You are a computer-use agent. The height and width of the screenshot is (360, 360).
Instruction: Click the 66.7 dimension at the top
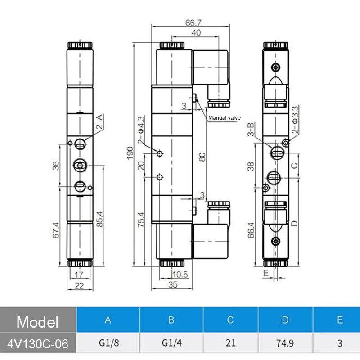(193, 23)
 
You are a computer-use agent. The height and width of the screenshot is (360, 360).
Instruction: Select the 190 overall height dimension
(130, 153)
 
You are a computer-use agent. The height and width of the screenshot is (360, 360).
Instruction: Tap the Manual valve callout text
(224, 118)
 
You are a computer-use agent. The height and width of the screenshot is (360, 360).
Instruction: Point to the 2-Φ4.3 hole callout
(141, 130)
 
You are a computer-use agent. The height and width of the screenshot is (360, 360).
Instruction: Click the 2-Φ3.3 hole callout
(295, 119)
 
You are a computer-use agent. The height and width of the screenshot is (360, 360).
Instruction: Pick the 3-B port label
(251, 129)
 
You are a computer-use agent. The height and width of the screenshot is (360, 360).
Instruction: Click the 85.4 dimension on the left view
(99, 219)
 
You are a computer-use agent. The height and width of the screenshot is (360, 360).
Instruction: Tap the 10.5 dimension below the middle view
(180, 274)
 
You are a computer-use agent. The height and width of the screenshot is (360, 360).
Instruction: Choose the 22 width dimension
(79, 286)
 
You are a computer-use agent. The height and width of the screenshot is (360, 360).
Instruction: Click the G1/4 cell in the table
(171, 343)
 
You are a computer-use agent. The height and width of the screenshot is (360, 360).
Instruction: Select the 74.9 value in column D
(285, 343)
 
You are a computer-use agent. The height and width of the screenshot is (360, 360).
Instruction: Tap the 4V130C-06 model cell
(38, 344)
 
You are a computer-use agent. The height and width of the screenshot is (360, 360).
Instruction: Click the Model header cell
(38, 322)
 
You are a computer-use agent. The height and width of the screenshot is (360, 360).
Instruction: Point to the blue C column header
(230, 320)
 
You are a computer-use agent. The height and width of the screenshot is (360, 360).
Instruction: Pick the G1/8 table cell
(109, 343)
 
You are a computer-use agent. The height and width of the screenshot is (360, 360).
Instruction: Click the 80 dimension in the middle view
(202, 157)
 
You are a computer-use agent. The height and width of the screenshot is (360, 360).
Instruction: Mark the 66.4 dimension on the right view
(251, 230)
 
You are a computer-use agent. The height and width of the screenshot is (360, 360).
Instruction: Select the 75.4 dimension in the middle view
(141, 220)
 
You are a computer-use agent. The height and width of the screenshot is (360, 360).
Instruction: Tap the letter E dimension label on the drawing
(266, 273)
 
